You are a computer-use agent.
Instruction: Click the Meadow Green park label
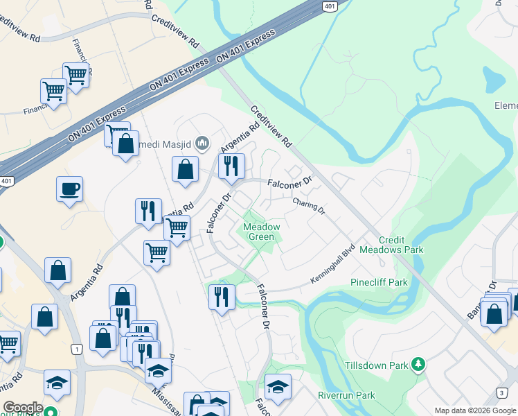tap(260, 232)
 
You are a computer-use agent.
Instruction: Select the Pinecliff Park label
tap(378, 282)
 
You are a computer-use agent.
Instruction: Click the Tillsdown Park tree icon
tap(418, 363)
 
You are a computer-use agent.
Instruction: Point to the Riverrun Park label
tap(346, 395)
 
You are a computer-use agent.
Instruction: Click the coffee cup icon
tap(70, 189)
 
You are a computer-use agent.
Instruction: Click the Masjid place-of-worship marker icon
tap(202, 144)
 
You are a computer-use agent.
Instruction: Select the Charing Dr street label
tap(308, 206)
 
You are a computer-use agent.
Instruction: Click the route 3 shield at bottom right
tap(501, 393)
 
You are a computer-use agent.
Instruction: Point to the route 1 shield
tap(75, 348)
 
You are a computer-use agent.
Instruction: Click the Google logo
tap(22, 408)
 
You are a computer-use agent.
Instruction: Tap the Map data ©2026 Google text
tap(475, 410)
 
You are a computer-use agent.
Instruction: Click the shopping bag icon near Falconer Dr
tap(185, 169)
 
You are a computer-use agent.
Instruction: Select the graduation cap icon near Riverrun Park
tap(278, 386)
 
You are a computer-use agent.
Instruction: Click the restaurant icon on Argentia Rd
tap(148, 211)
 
